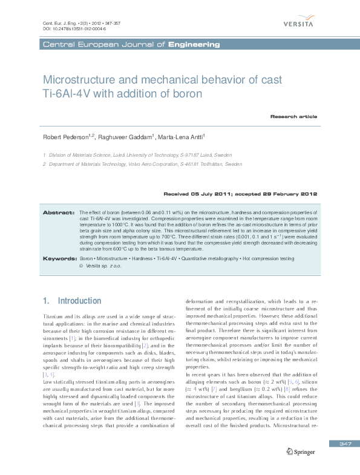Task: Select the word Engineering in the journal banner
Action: [194, 45]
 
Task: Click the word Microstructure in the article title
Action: [77, 80]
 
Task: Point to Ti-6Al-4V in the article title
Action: [68, 94]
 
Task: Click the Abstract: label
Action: [58, 213]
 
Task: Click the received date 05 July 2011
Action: [215, 194]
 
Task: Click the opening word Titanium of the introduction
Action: [53, 317]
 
